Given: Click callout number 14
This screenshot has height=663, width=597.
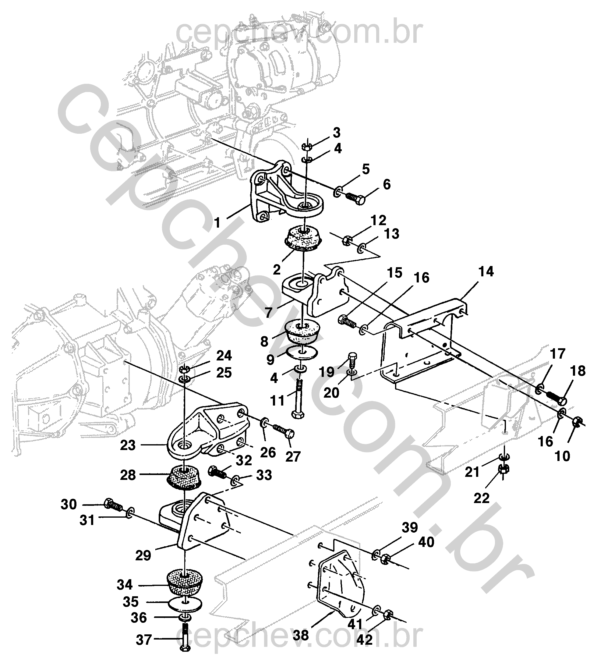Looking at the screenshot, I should click(486, 272).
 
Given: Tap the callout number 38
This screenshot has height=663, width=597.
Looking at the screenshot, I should click(302, 636).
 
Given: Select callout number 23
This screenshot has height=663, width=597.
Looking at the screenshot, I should click(128, 445).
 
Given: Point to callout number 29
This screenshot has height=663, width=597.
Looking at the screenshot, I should click(143, 555).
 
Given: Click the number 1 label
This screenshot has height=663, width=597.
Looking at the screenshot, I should click(217, 223).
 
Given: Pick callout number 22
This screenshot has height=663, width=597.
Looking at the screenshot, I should click(482, 498).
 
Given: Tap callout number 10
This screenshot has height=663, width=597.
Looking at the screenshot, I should click(562, 456).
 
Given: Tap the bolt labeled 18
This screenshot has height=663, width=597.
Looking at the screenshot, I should click(556, 397).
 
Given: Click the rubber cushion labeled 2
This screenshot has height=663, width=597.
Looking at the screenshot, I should click(304, 239).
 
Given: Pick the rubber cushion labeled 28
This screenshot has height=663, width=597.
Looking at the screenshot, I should click(184, 478).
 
